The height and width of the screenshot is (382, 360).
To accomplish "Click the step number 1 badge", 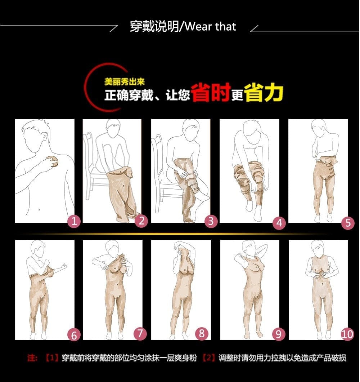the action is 74,221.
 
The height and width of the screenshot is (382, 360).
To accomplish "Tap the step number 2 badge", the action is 141,221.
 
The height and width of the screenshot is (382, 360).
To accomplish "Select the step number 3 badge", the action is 211,221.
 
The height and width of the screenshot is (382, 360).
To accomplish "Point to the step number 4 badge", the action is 279,223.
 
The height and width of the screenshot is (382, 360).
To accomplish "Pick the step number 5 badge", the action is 348,223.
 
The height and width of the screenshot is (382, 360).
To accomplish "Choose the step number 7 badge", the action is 140,333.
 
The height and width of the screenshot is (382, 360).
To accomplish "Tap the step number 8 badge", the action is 202,333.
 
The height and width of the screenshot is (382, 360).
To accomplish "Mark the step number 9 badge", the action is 278,334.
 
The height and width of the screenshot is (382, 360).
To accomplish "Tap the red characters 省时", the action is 211,92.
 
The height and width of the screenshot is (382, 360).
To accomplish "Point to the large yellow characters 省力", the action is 264,92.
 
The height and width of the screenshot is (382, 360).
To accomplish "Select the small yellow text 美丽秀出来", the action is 125,82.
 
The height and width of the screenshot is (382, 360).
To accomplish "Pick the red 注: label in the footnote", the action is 32,357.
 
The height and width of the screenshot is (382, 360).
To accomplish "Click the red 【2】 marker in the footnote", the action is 208,357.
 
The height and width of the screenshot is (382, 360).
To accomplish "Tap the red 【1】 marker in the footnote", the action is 51,357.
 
